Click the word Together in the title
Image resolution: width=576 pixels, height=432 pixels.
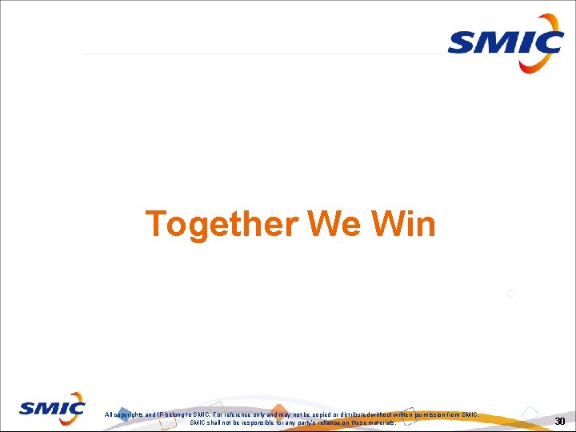221,225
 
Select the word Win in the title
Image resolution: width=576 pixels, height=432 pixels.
404,225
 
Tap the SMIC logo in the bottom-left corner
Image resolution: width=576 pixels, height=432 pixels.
53,409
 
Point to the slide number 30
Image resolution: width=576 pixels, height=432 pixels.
560,422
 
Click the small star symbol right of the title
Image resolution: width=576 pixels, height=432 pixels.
510,294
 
